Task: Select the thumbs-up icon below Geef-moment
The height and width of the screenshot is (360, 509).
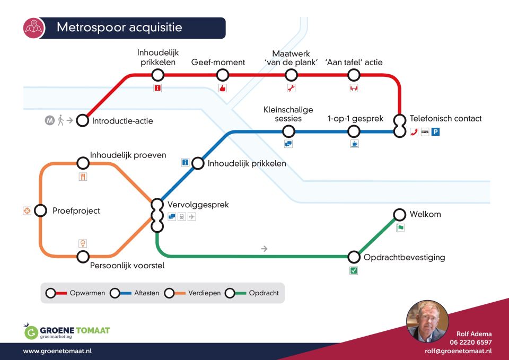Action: click(222, 88)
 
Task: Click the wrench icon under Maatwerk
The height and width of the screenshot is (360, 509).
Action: click(291, 88)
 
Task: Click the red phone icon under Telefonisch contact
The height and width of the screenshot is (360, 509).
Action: click(414, 132)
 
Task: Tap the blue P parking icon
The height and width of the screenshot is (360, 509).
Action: click(435, 132)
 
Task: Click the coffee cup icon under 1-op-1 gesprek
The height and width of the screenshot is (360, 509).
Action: click(355, 144)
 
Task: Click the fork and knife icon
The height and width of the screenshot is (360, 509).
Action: click(83, 177)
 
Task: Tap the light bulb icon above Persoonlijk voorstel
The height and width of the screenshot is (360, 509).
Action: click(83, 243)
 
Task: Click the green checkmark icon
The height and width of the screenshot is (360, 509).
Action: click(354, 270)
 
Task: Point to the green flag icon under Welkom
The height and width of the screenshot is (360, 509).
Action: click(400, 228)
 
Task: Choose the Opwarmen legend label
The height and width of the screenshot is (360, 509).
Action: click(87, 293)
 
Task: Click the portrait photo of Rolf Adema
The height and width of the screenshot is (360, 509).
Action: click(427, 321)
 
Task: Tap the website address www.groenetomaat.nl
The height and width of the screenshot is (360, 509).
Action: click(57, 351)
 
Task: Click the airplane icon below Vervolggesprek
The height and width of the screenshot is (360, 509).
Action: click(192, 216)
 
